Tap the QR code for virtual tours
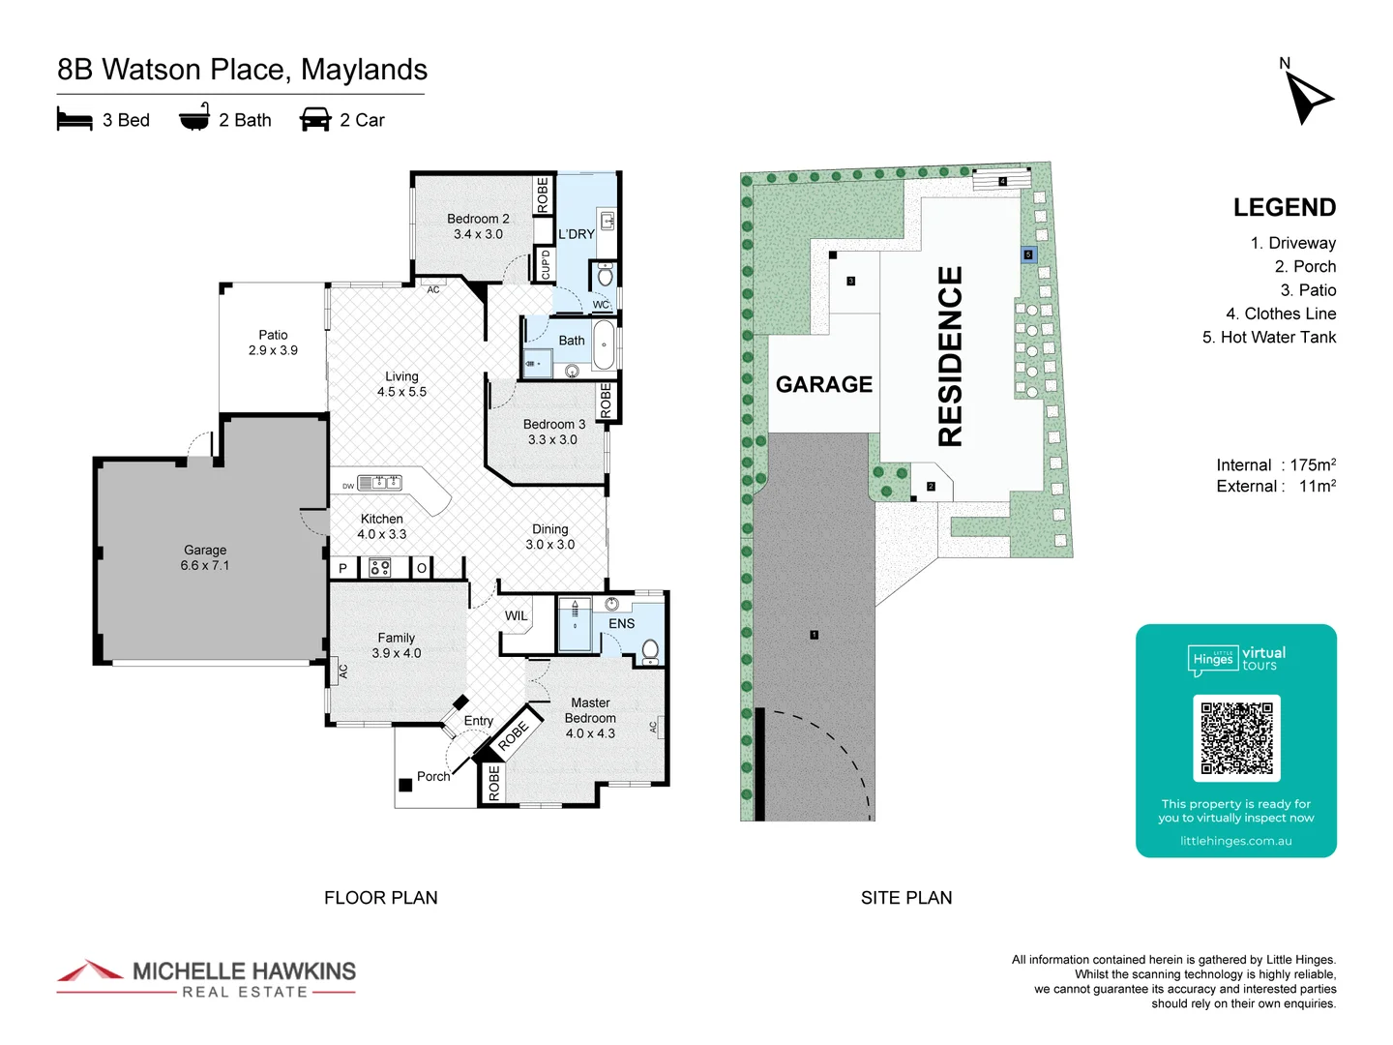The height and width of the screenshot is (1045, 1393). (1236, 737)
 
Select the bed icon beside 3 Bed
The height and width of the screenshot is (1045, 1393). (74, 120)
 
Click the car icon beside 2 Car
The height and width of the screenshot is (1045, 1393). (315, 120)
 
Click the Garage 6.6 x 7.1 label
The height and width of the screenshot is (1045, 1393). (205, 557)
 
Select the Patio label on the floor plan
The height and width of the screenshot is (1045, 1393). (273, 343)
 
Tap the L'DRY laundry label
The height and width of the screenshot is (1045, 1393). (577, 234)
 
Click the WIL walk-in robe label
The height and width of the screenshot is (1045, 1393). (517, 615)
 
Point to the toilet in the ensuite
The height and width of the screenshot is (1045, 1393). (650, 649)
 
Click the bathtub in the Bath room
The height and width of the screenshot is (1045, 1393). (604, 346)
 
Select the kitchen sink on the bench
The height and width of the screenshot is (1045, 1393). (380, 482)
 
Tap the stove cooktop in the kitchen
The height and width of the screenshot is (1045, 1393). (380, 568)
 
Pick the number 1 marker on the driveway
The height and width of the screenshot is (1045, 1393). (815, 635)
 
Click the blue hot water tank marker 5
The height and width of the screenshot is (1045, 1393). (1028, 254)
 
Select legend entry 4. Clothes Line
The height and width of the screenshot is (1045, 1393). (1281, 313)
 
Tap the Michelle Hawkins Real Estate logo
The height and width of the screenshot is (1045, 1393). (206, 978)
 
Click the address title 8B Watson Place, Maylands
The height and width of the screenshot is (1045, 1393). (242, 70)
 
